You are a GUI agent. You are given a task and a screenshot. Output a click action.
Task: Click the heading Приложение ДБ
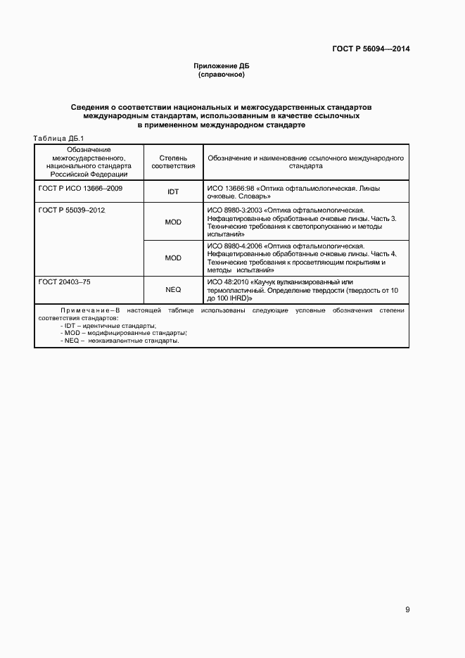(222, 66)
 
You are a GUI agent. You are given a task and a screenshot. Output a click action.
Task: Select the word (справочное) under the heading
(222, 74)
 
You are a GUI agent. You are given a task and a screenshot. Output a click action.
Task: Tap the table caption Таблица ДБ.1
(59, 138)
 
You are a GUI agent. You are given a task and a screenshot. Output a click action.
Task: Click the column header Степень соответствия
(173, 163)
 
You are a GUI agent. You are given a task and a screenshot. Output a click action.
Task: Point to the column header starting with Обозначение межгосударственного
(89, 163)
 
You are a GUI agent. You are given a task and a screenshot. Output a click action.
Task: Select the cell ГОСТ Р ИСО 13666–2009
(76, 189)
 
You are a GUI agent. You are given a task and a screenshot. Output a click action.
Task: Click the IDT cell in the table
(173, 192)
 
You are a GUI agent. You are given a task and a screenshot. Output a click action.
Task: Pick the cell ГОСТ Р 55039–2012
(72, 210)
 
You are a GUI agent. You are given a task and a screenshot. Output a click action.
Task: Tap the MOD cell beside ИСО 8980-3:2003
(173, 222)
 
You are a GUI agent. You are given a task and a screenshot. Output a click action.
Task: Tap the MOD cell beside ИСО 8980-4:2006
(173, 258)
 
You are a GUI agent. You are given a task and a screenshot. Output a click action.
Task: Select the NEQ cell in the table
(173, 289)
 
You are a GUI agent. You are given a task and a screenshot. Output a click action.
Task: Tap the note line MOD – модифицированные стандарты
(124, 333)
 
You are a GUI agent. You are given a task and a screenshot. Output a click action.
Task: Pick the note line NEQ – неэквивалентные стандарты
(120, 341)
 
